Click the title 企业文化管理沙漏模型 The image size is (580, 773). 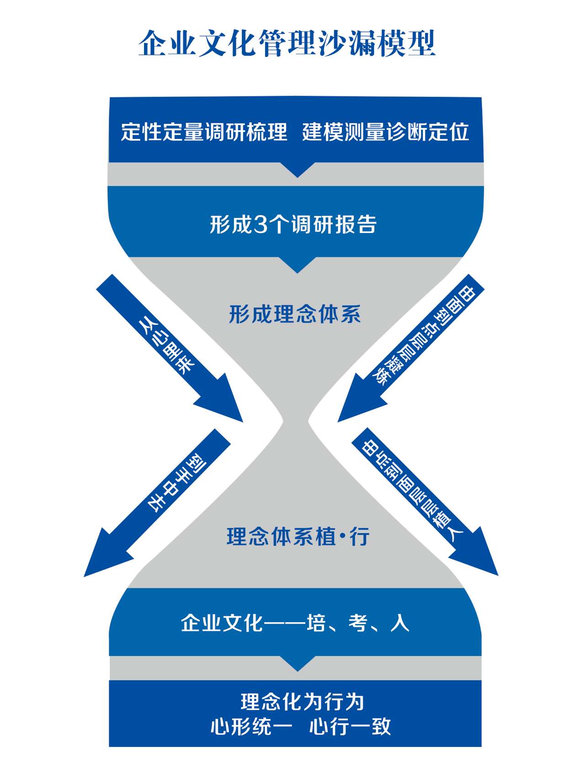click(x=287, y=44)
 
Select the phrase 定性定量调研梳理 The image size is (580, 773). click(x=204, y=132)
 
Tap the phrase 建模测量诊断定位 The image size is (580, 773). click(x=385, y=132)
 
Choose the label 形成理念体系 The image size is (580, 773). click(x=295, y=314)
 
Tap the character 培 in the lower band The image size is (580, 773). click(x=315, y=623)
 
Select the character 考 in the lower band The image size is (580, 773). click(x=357, y=623)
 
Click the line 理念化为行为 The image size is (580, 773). click(x=302, y=702)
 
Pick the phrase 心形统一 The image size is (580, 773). click(x=251, y=726)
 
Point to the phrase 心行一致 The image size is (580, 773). click(x=350, y=726)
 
